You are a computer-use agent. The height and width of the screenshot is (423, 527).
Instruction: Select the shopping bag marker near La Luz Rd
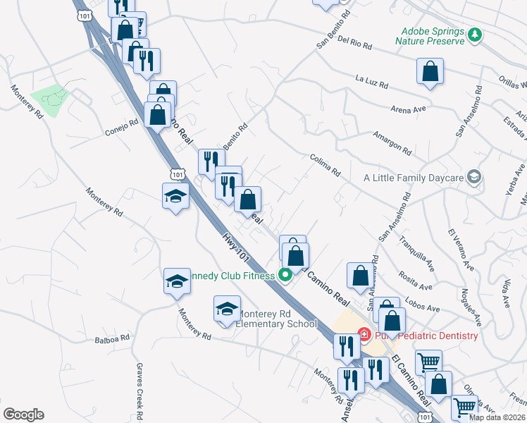click(x=430, y=73)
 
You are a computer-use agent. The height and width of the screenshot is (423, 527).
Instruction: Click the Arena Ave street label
click(x=409, y=109)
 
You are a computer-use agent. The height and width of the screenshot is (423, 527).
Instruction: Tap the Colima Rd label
click(x=325, y=166)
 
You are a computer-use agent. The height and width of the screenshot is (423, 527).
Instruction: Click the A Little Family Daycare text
click(x=413, y=178)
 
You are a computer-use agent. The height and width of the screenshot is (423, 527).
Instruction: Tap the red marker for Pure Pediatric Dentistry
click(x=364, y=335)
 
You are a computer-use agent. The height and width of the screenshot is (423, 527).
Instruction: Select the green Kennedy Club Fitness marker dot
click(x=285, y=275)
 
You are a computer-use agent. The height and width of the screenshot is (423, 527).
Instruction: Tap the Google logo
click(x=23, y=415)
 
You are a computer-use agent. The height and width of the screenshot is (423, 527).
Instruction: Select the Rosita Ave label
click(x=416, y=280)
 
